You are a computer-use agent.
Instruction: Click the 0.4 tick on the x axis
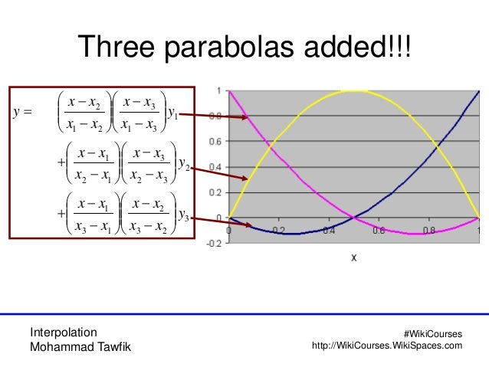[328, 230]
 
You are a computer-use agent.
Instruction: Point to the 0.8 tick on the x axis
[428, 230]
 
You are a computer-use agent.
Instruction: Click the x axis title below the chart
[353, 258]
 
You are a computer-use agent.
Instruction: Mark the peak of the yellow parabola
[353, 91]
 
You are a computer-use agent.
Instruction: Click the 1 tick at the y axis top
[220, 90]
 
